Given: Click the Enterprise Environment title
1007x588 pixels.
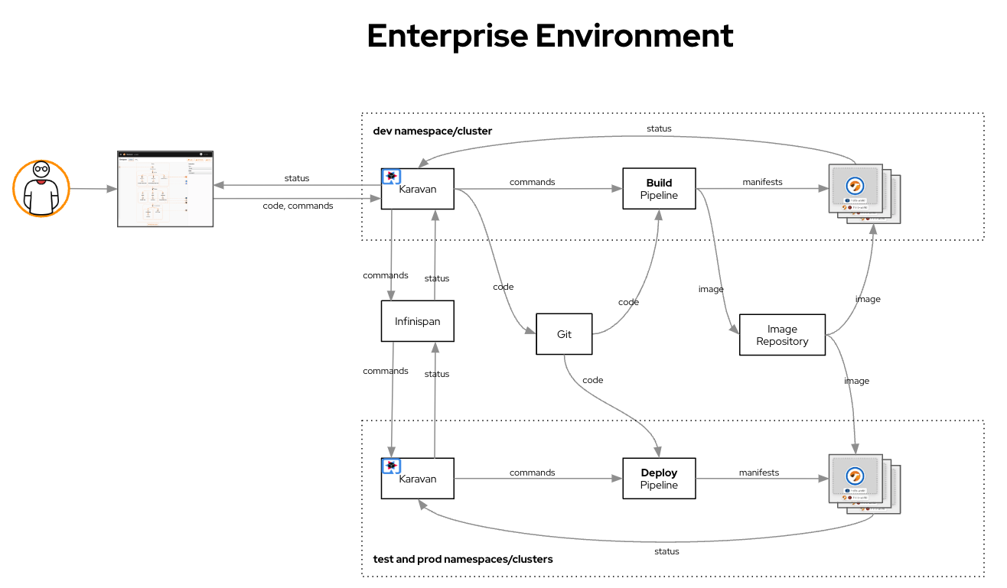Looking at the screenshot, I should point(550,36).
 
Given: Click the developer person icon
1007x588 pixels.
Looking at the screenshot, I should point(41,189).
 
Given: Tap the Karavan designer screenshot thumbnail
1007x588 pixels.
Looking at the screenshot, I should point(165,189).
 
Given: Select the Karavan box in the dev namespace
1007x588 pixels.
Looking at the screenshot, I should point(418,189).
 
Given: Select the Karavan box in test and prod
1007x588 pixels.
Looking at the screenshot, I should point(418,479).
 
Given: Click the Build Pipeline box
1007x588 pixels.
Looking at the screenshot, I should point(659,189).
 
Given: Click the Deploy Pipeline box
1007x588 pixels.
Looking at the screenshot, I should point(659,479).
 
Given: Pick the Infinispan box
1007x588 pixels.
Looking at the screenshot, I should point(418,321).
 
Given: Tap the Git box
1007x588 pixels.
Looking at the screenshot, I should point(564,334).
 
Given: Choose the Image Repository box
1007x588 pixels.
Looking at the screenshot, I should point(782,335).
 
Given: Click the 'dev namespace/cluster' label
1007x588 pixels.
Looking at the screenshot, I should point(432,131).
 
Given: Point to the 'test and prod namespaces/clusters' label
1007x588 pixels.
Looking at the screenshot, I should point(462,559).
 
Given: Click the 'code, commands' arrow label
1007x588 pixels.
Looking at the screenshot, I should point(298,206).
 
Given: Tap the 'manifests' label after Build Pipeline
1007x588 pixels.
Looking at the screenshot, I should point(762,182).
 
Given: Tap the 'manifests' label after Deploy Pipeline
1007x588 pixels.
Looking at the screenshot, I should point(758,473).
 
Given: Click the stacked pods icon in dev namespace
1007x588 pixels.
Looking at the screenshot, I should point(863,193).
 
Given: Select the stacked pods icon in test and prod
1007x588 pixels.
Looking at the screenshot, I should point(863,484).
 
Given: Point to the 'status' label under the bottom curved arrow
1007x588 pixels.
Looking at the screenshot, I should point(666,551).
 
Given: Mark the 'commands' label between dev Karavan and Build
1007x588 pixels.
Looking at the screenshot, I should point(532,182).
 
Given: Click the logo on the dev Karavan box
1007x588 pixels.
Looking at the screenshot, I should point(391,177).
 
